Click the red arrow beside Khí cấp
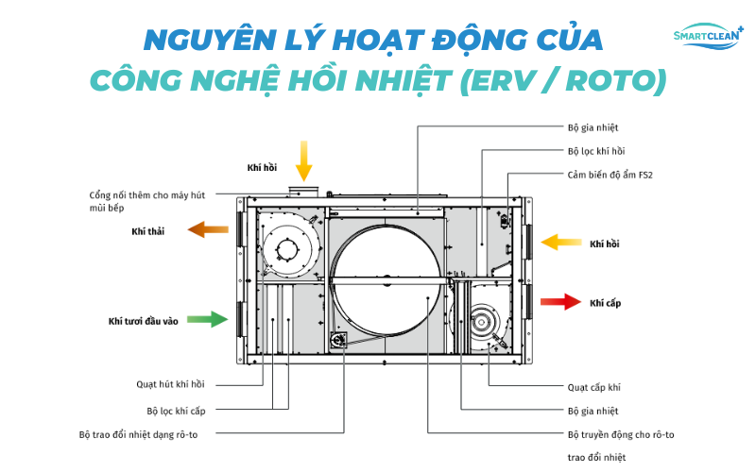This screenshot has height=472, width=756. [x=559, y=302]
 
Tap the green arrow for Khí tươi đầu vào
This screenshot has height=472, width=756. [x=207, y=319]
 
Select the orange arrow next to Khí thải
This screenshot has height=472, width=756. [x=209, y=229]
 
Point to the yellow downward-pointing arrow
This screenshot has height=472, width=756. [x=303, y=160]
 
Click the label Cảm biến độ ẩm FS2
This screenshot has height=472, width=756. [x=609, y=174]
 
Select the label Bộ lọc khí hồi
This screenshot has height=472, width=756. [x=596, y=150]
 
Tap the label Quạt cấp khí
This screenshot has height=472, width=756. [x=593, y=387]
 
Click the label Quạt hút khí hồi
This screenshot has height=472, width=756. [x=170, y=384]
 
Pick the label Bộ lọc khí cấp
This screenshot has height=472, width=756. [x=176, y=411]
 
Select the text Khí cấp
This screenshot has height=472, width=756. [x=605, y=303]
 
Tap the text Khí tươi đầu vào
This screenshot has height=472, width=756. [x=144, y=321]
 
